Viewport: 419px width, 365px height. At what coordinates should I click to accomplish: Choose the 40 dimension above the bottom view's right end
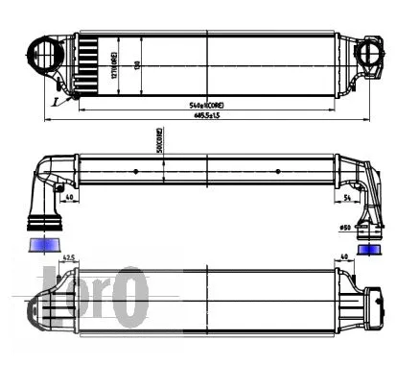tap(343, 258)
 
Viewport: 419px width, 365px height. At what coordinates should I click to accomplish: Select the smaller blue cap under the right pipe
tap(368, 250)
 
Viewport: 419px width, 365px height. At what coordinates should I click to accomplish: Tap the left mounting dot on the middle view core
tap(137, 172)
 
